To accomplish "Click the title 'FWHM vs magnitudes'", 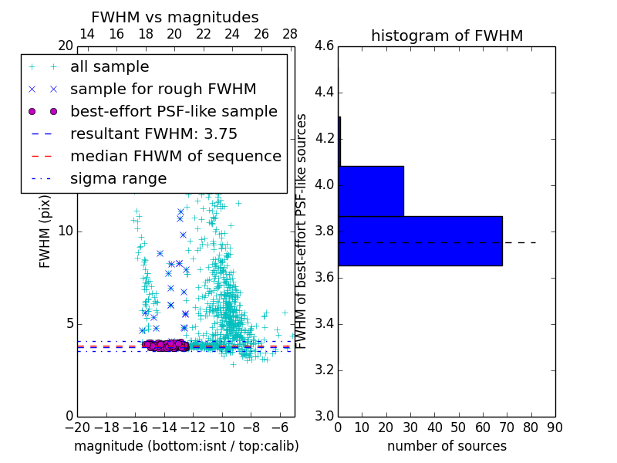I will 175,17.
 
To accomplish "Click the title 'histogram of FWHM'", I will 447,35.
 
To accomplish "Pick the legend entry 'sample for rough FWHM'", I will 163,89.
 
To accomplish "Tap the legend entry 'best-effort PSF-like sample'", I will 174,111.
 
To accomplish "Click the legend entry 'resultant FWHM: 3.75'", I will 153,133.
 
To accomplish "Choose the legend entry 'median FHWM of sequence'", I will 175,156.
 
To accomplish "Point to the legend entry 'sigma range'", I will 118,178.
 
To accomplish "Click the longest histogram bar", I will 420,241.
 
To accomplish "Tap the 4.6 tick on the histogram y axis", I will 325,46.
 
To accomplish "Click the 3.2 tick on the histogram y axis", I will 325,370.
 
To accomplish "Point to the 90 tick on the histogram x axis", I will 555,426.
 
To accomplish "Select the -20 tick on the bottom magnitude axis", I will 77,426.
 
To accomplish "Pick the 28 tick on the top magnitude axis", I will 290,34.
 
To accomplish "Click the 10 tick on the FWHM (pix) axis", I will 66,231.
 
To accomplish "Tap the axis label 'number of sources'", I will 447,446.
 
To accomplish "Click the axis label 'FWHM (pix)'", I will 46,231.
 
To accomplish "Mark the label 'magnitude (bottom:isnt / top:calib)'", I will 186,446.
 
